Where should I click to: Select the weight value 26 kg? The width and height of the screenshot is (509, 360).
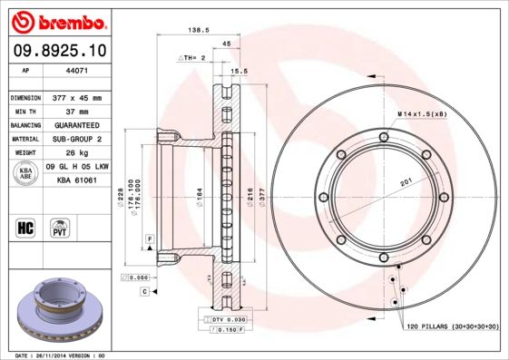[x=69, y=153]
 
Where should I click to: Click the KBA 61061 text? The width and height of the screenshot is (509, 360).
[x=77, y=180]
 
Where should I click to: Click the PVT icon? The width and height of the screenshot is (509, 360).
[x=61, y=228]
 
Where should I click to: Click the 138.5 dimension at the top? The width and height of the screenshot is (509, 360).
[x=191, y=29]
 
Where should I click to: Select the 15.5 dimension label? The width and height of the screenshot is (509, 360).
[x=240, y=71]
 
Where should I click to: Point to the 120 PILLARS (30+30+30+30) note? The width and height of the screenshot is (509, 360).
[x=452, y=324]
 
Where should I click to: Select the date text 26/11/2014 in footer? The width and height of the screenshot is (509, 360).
[x=59, y=355]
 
